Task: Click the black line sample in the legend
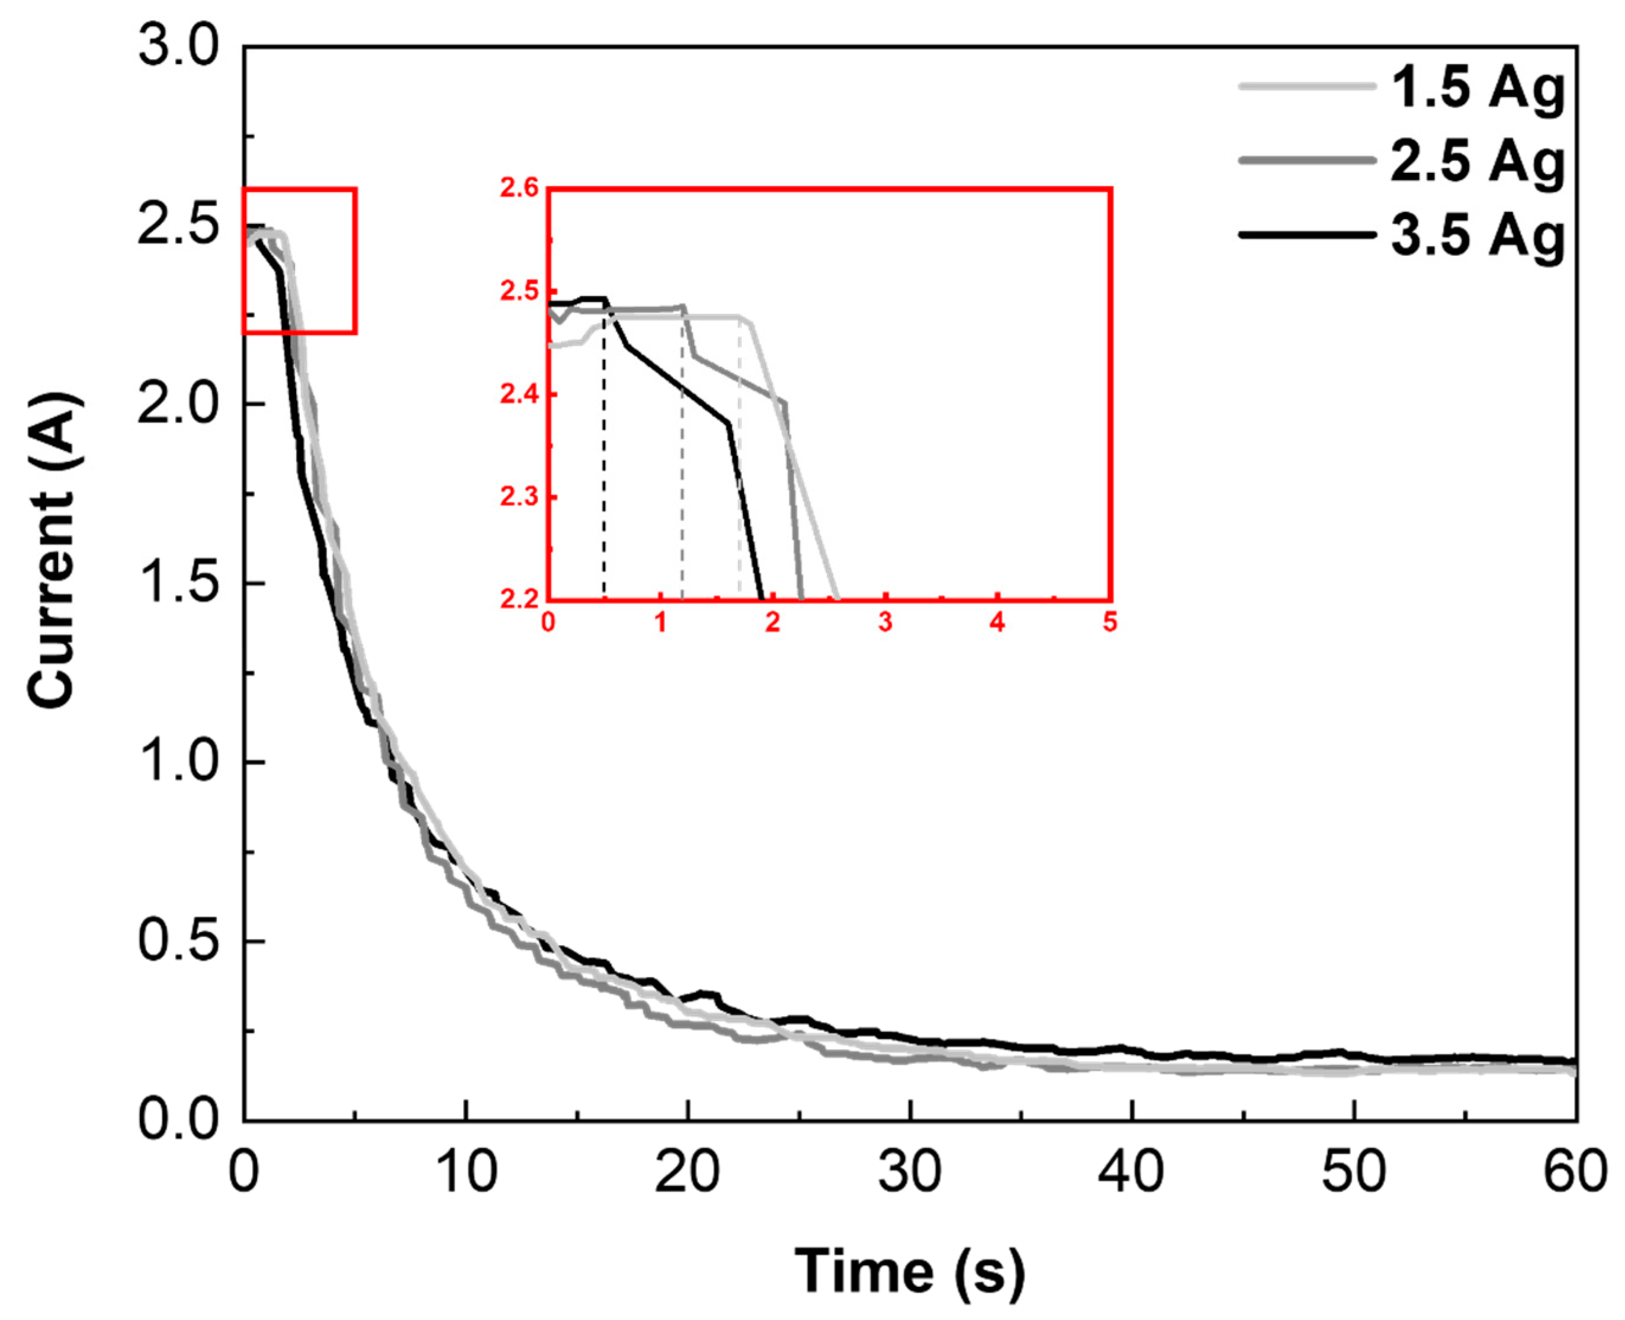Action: [1306, 235]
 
